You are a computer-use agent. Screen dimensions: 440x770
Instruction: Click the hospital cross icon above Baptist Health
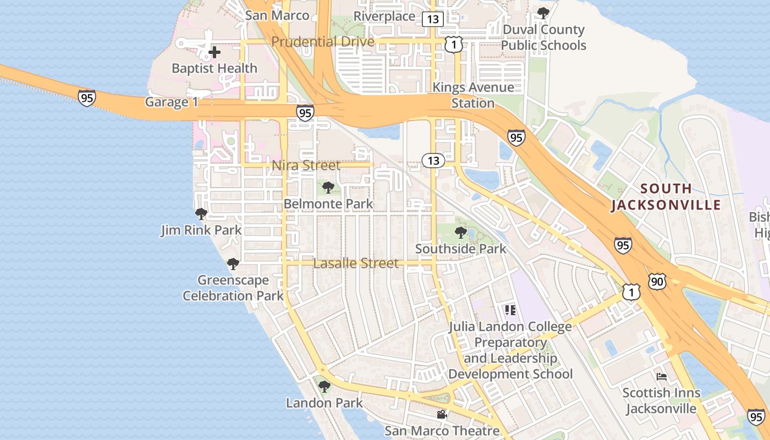215,53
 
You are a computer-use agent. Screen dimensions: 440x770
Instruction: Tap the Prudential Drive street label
323,42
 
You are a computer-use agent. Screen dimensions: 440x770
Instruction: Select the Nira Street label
306,165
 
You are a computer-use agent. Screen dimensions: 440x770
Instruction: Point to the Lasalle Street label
356,263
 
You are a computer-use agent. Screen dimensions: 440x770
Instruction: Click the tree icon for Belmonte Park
328,188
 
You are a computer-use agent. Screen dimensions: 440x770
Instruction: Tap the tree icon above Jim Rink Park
201,214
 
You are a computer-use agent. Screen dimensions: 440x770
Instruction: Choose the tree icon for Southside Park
461,233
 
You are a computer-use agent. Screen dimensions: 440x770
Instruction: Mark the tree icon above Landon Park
324,387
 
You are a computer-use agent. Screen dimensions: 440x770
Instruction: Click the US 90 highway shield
657,282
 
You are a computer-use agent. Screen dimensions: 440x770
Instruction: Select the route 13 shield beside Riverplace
433,19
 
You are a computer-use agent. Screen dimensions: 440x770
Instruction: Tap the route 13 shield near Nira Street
433,160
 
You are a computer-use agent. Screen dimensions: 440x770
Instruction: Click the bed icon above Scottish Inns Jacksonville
662,377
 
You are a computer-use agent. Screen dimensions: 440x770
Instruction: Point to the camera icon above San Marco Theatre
442,414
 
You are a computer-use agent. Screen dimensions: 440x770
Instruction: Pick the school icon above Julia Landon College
510,310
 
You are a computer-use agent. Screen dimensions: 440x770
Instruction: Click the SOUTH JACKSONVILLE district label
666,197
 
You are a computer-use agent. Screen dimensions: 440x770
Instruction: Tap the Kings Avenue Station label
473,95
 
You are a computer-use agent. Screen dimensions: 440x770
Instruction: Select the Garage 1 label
170,102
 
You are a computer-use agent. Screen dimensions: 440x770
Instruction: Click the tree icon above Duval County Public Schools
543,13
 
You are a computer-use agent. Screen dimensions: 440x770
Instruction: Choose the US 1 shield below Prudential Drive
453,45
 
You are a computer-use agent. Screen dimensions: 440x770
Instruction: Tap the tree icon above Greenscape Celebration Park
233,264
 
